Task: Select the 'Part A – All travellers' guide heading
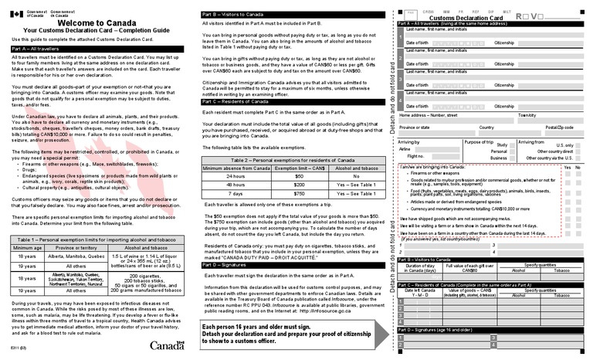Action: tap(38, 49)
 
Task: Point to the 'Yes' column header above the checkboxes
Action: tap(568, 167)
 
